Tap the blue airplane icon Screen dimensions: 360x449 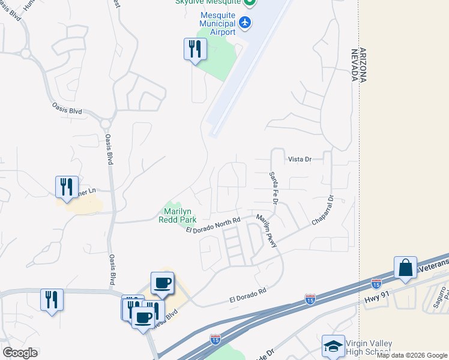pos(245,23)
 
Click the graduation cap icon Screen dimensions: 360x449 pos(333,346)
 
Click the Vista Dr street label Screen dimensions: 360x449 pos(300,159)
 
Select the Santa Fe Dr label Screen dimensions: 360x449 pos(272,188)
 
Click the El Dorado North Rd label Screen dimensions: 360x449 pos(212,226)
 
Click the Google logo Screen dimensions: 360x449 pos(19,353)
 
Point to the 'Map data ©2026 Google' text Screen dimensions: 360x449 pos(412,356)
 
